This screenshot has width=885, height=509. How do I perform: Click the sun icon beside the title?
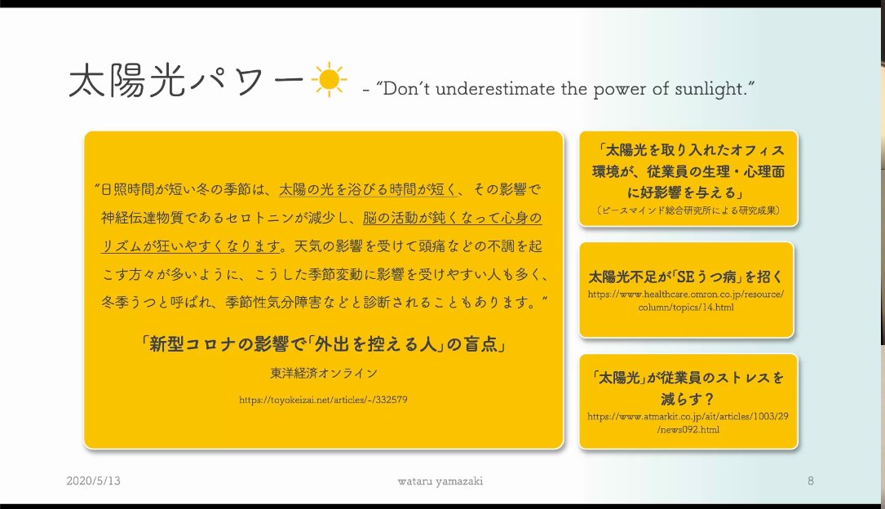pos(328,82)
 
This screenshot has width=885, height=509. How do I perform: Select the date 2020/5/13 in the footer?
pos(94,481)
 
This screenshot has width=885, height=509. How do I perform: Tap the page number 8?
pos(811,481)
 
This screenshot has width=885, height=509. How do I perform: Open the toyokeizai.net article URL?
pos(324,401)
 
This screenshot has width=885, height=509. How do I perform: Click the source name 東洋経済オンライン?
pos(324,373)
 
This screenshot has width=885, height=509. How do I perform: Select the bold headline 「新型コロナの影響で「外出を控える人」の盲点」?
pos(324,344)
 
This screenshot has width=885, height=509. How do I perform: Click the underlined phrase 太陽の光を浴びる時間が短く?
pos(367,190)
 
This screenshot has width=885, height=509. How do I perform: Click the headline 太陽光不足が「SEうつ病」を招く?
pos(686,276)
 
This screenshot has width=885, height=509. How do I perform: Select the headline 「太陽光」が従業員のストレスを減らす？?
pos(686,388)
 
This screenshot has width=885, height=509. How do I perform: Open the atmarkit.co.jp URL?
pos(686,423)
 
